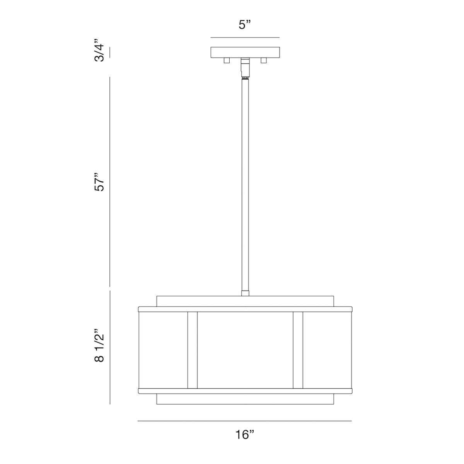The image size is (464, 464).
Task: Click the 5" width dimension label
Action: (245, 25)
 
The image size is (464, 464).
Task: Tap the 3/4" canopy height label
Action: (99, 50)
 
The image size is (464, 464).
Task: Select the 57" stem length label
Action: (99, 182)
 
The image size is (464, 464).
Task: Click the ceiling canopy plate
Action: (245, 52)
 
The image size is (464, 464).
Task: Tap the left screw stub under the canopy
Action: (226, 60)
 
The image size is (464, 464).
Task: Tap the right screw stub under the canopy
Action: (264, 60)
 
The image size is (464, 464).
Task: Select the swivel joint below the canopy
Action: (245, 68)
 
